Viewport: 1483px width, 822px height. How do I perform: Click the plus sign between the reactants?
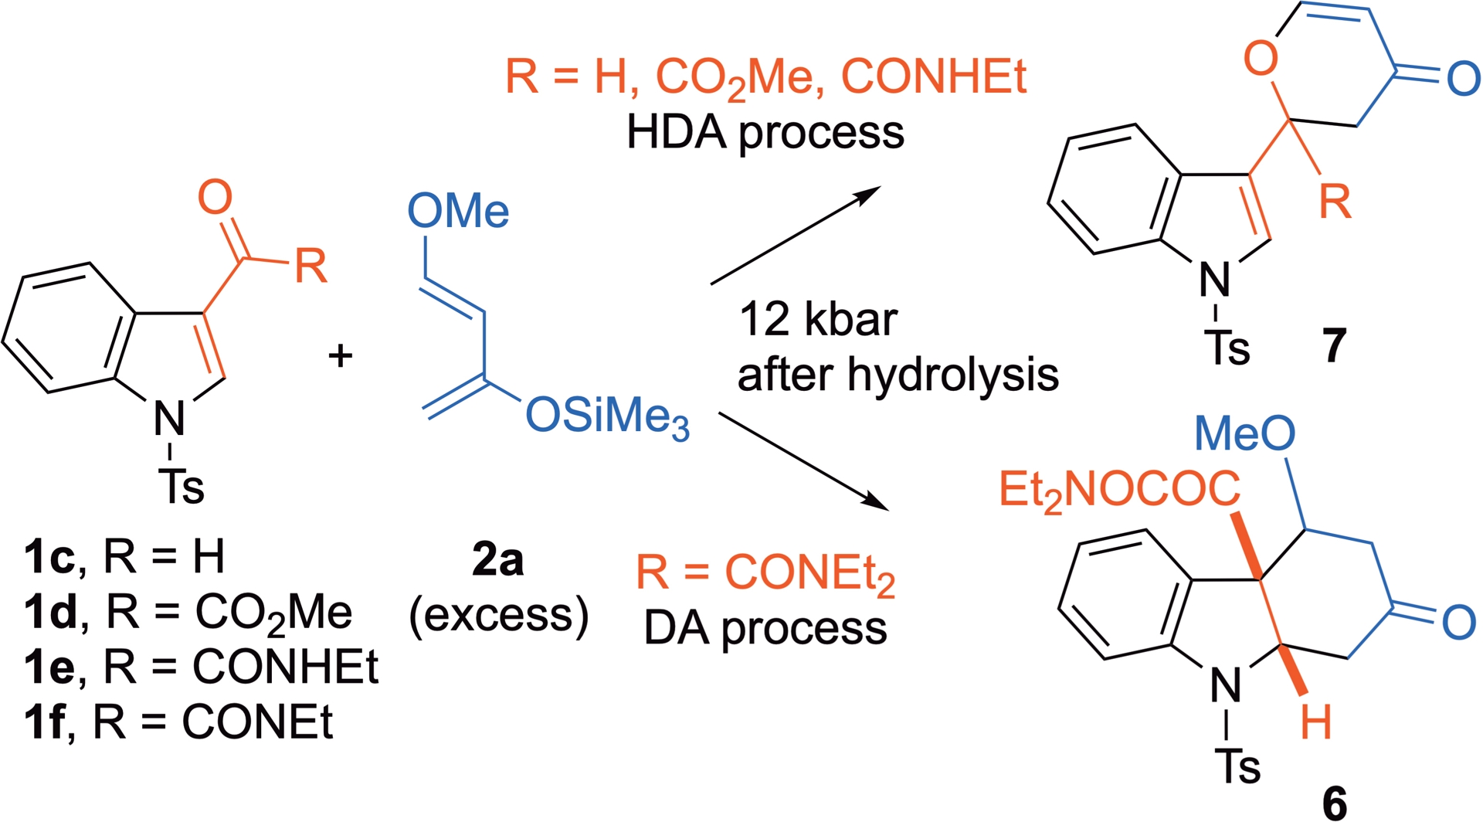click(x=341, y=356)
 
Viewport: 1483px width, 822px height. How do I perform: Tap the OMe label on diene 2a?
click(x=458, y=211)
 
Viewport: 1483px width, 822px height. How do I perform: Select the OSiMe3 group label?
click(x=607, y=418)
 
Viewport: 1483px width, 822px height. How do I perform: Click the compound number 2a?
click(x=498, y=560)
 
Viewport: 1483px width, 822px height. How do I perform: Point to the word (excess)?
click(x=499, y=616)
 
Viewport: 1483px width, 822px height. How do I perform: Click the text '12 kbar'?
click(x=818, y=319)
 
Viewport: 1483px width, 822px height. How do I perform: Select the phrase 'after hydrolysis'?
click(x=898, y=375)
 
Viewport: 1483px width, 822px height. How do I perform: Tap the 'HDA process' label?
click(x=765, y=132)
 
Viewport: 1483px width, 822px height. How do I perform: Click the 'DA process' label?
click(x=765, y=628)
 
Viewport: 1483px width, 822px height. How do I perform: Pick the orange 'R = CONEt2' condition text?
click(x=765, y=574)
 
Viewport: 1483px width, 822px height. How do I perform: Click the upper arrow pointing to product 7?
click(x=796, y=235)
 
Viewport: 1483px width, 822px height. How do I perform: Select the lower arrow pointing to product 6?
click(x=803, y=461)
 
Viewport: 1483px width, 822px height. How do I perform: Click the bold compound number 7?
click(x=1335, y=345)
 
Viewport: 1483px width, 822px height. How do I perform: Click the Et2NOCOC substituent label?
click(x=1119, y=490)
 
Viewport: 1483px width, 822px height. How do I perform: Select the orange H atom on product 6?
click(x=1315, y=723)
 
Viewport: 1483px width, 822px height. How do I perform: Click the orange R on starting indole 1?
click(x=311, y=267)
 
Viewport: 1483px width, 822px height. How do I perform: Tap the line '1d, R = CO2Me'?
click(x=188, y=613)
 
